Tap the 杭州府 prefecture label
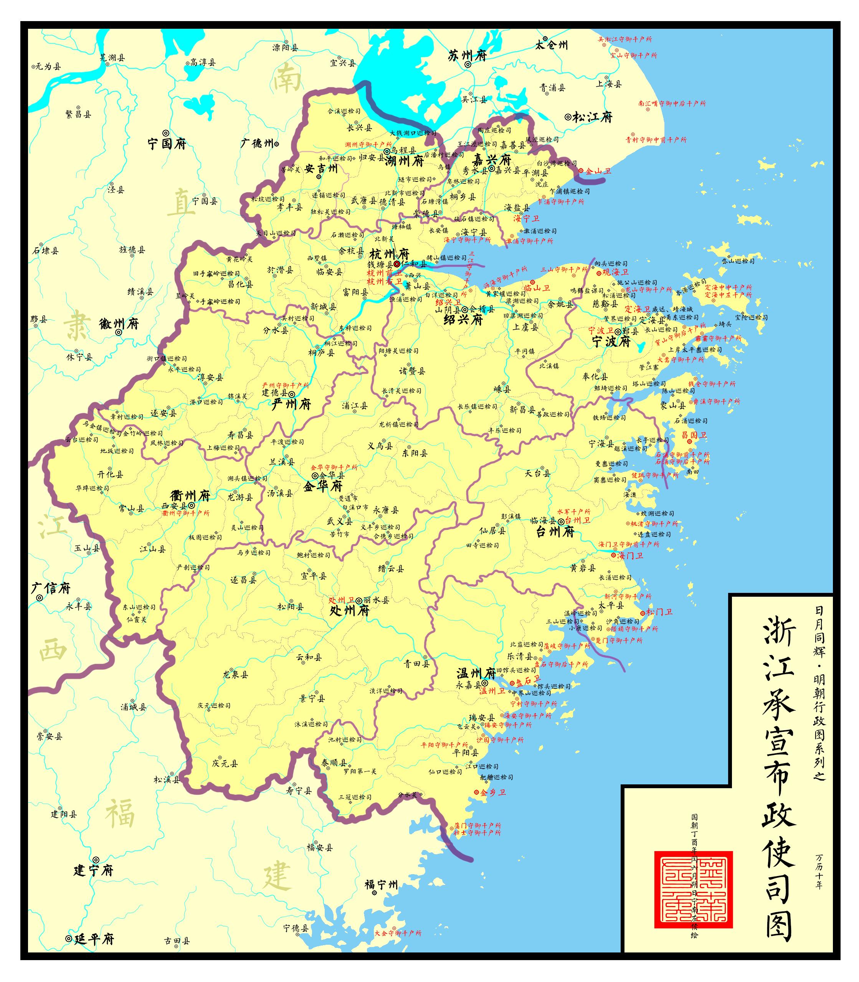(389, 254)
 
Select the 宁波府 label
(611, 341)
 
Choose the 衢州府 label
(190, 495)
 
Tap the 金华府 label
(323, 487)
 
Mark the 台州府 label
(555, 532)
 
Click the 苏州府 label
(467, 56)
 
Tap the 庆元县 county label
(225, 764)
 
